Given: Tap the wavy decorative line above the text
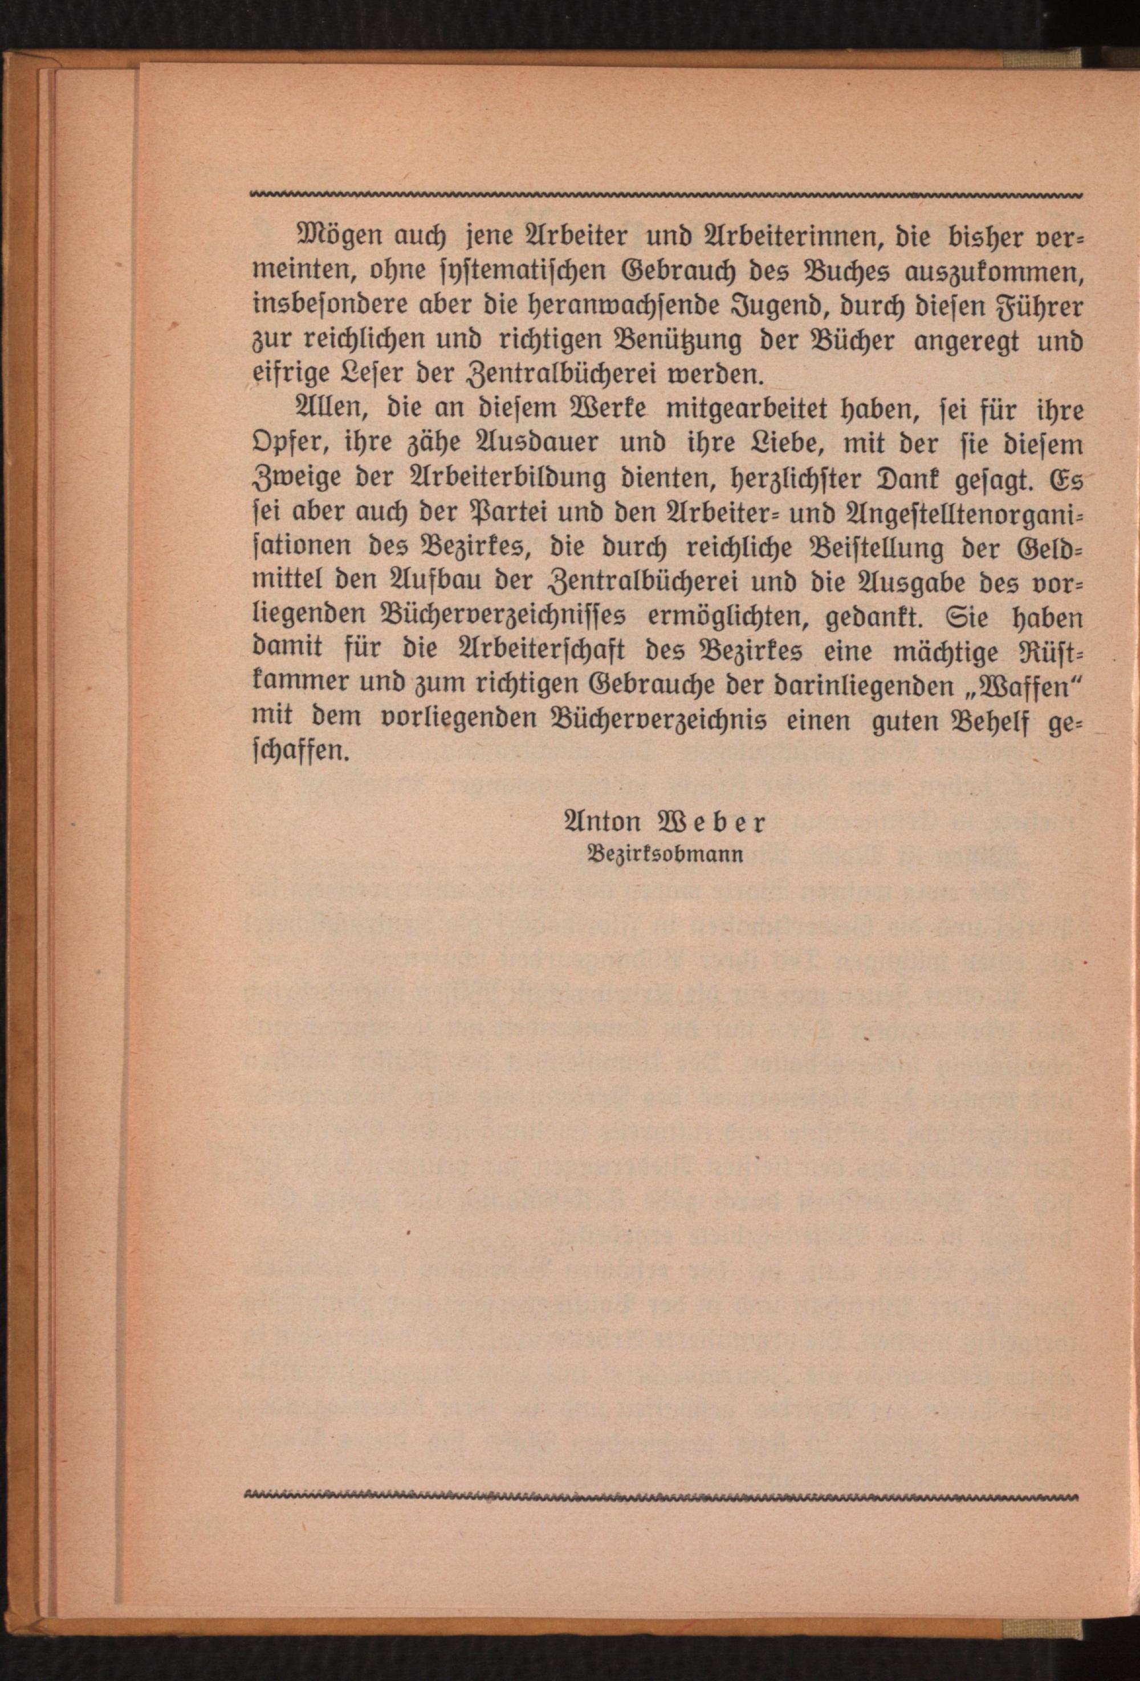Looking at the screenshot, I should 665,195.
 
